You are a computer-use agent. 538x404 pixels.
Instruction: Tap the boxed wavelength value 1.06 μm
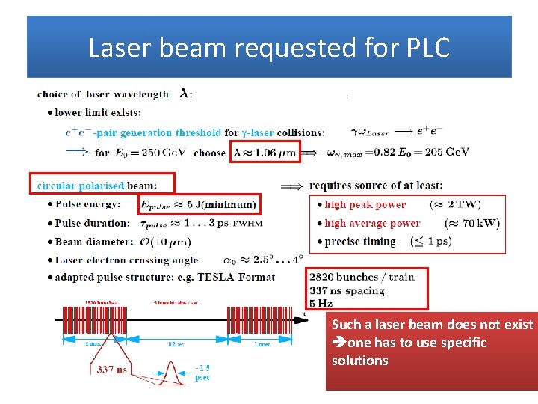coord(266,152)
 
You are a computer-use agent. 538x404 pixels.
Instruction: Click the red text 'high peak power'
coord(365,204)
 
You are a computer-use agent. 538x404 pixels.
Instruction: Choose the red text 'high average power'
coord(372,223)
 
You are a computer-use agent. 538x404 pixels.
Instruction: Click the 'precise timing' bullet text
coord(360,242)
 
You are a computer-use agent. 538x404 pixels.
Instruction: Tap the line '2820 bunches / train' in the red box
coord(362,277)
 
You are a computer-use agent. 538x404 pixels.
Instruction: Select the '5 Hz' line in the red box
coord(321,303)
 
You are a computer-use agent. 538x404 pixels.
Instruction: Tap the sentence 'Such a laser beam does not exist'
coord(432,325)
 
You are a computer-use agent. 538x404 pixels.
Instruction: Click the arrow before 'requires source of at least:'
coord(291,186)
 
